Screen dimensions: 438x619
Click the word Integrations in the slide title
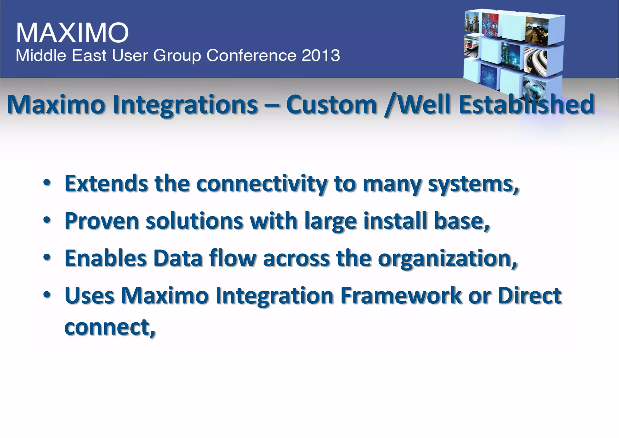click(x=185, y=105)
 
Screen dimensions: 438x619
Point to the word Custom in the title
click(x=332, y=105)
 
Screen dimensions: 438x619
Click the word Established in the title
click(x=526, y=105)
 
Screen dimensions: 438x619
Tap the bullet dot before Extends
click(x=47, y=183)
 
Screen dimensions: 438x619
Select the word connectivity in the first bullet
click(x=262, y=184)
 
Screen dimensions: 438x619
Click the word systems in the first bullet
click(x=473, y=184)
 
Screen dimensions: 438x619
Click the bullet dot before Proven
click(x=47, y=220)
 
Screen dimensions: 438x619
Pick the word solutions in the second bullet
click(x=194, y=221)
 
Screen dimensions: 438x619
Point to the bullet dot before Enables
click(x=47, y=257)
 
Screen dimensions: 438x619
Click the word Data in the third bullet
click(x=178, y=258)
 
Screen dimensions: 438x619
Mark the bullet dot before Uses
click(x=47, y=295)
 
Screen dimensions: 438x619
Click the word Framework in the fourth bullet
click(x=401, y=296)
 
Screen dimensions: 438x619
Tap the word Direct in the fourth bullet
click(x=529, y=296)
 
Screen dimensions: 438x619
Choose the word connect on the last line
click(x=109, y=327)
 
